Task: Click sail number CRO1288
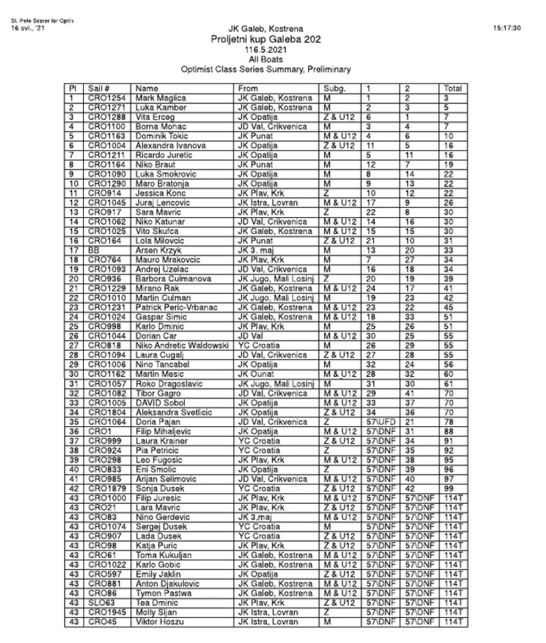point(105,118)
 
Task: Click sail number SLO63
point(101,602)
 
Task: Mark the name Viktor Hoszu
point(157,621)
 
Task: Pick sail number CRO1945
point(105,612)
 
